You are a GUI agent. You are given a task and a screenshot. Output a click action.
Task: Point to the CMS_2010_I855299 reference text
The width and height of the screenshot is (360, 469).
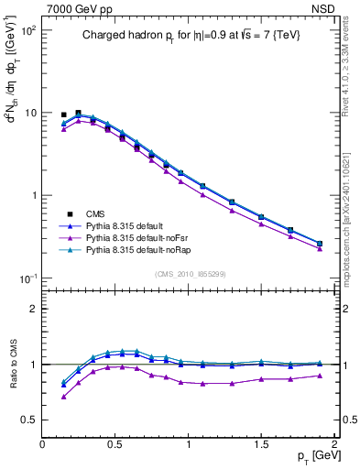188,273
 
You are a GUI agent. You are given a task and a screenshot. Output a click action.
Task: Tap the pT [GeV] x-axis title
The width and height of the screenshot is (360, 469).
311,454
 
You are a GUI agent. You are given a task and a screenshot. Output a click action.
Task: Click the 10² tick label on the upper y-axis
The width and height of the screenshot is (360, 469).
28,30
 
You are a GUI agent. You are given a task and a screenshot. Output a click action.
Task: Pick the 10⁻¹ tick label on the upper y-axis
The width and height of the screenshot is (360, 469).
28,278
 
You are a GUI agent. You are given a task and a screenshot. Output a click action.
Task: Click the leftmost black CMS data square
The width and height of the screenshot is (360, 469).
63,115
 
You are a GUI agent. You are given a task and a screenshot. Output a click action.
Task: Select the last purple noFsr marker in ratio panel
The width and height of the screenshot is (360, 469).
319,376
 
